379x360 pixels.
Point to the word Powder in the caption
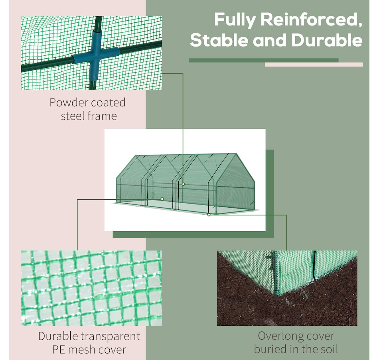[x=68, y=102]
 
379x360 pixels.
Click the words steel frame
[x=89, y=116]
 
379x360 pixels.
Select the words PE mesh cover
[x=89, y=350]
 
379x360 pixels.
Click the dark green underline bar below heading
[x=263, y=61]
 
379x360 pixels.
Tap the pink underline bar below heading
[x=314, y=65]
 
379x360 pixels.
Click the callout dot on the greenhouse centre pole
[x=184, y=184]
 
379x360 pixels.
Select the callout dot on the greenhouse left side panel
[x=162, y=199]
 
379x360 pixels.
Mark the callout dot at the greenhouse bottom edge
[x=209, y=214]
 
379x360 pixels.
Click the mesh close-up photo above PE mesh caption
[x=91, y=288]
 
